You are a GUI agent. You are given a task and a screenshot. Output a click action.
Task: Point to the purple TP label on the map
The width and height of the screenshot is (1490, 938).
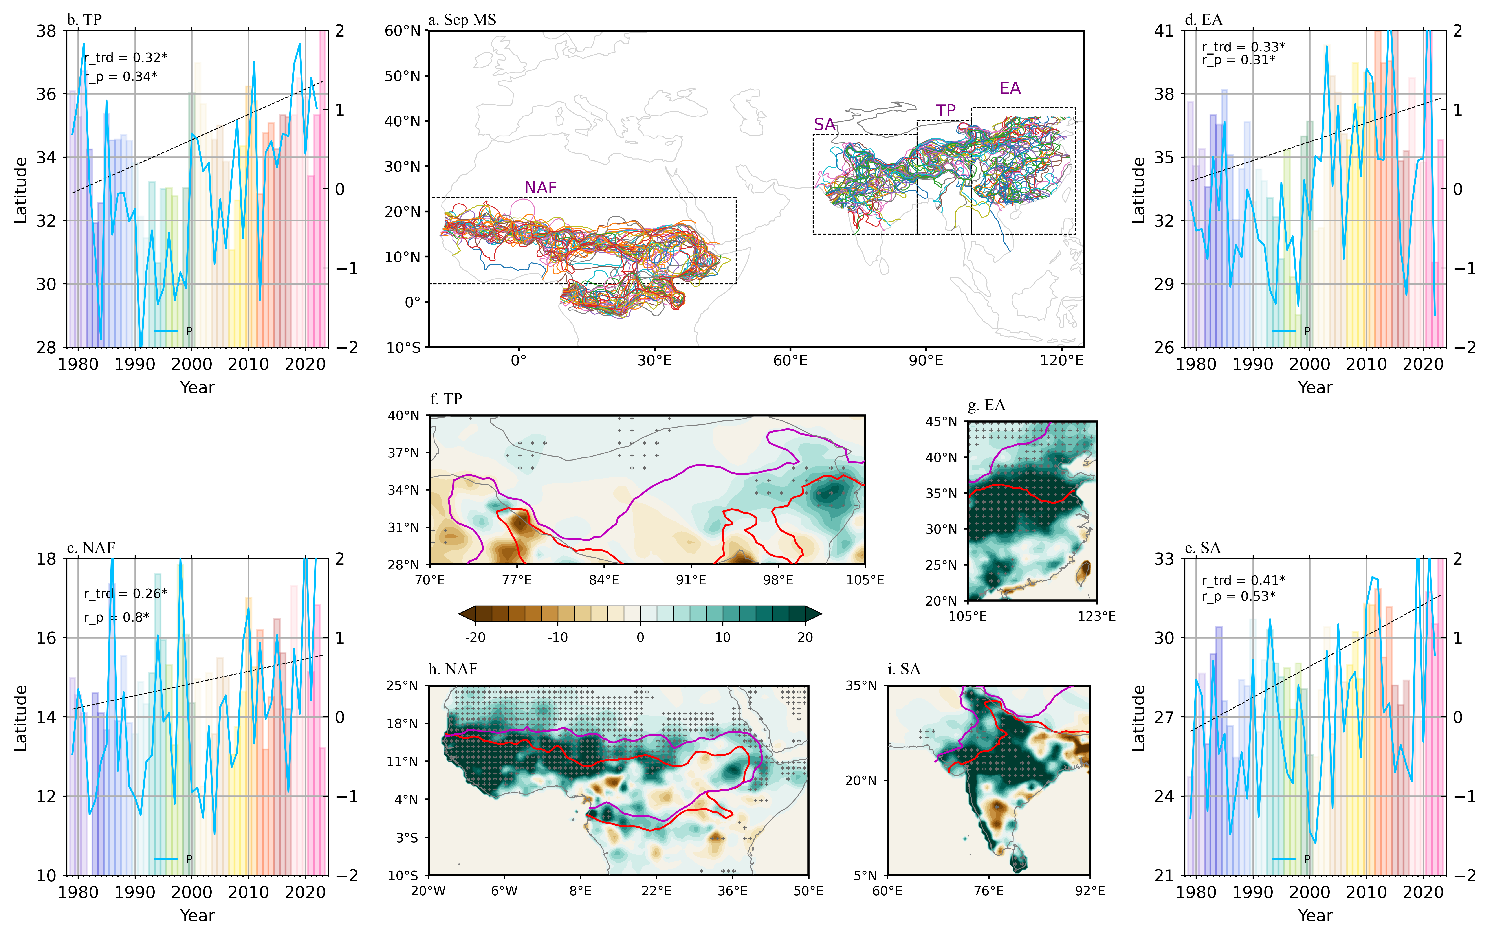[x=946, y=111]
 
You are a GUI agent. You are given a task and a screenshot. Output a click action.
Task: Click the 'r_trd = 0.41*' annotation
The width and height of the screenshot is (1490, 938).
[x=1243, y=580]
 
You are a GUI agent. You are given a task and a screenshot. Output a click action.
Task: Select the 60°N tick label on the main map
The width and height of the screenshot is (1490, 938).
[x=403, y=31]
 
